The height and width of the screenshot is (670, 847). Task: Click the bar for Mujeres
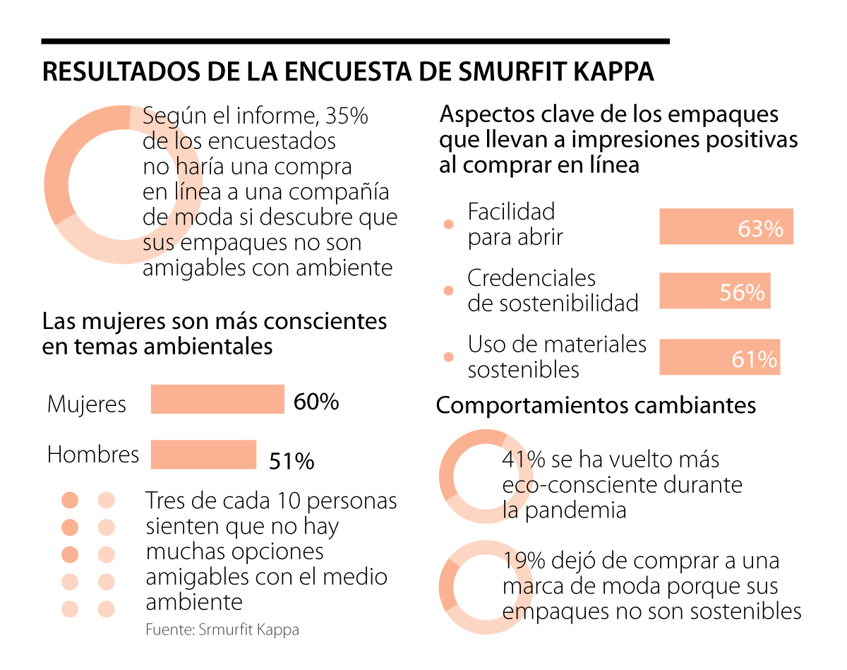217,399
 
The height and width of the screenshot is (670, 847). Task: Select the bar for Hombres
203,454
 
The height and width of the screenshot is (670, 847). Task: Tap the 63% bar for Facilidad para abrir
726,227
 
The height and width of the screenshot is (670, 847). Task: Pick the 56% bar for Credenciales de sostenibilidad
714,291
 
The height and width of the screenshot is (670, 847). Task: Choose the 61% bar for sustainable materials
719,357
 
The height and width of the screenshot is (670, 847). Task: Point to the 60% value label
316,402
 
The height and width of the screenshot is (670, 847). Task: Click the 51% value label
292,462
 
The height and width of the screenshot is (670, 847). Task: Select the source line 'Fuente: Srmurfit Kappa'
222,630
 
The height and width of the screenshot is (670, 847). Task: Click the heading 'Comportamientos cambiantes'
596,406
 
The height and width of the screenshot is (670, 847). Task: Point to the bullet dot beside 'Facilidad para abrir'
447,225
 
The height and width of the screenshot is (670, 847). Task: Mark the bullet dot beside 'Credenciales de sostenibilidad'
447,291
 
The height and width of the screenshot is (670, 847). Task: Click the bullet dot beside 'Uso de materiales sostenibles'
447,357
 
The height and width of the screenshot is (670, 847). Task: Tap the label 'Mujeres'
87,404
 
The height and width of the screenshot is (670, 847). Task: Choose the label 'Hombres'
93,454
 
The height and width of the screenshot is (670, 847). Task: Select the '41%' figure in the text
524,460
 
